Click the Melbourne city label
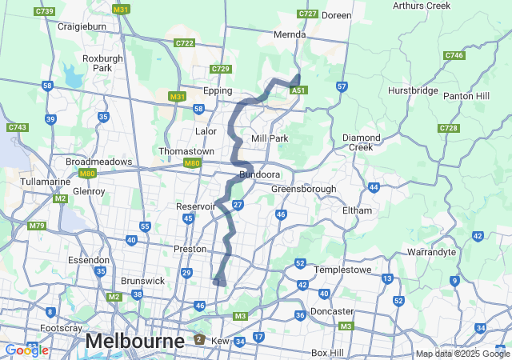[134, 341]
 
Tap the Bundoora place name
[258, 174]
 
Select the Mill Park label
[269, 138]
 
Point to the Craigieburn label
[83, 26]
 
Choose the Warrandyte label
[431, 252]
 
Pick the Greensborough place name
[303, 190]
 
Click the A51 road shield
[299, 90]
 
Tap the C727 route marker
[307, 14]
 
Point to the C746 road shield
[454, 55]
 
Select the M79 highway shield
[37, 226]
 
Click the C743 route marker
[17, 127]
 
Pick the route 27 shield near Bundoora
[238, 206]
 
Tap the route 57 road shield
[342, 86]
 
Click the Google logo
[26, 350]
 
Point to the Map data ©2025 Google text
[462, 354]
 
